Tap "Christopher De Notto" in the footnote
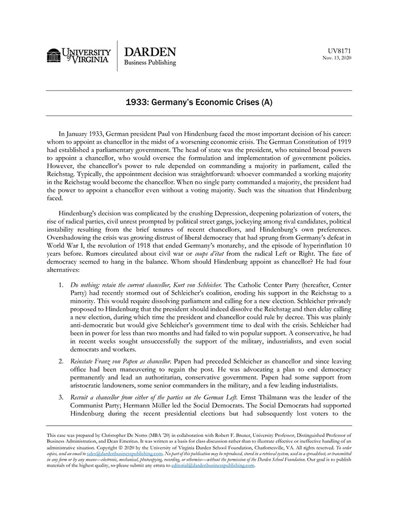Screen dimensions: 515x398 click(x=129, y=434)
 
